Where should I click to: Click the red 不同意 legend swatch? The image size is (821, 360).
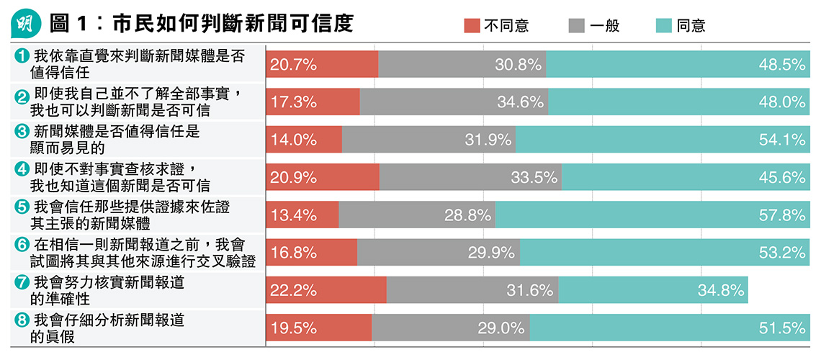click(x=471, y=26)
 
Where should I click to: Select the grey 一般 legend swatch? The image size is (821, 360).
click(x=576, y=26)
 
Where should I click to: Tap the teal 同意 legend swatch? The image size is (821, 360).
click(x=664, y=26)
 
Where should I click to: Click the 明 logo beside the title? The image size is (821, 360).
click(x=27, y=24)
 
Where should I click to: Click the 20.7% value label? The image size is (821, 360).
click(x=293, y=65)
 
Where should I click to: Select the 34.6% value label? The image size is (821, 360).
click(x=520, y=102)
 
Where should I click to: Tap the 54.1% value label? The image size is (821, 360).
click(x=782, y=140)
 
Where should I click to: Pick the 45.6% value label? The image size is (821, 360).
click(x=782, y=177)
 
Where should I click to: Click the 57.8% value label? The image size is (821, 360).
click(x=782, y=215)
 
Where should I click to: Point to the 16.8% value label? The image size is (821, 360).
click(x=293, y=253)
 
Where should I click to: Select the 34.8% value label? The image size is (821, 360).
click(x=719, y=290)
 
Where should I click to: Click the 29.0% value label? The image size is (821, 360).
click(x=501, y=328)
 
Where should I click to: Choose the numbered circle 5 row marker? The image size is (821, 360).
click(x=22, y=207)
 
